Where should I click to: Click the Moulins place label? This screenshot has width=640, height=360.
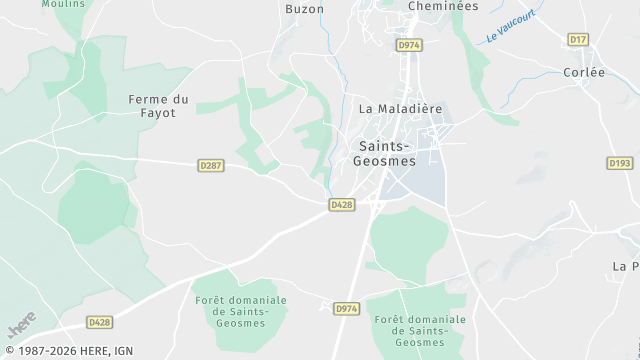click(64, 4)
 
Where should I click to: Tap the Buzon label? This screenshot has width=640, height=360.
click(304, 9)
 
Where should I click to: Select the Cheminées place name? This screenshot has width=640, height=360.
click(443, 6)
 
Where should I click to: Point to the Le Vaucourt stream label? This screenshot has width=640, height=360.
click(511, 27)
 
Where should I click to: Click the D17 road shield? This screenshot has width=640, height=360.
click(577, 39)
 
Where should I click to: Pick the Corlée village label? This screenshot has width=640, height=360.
click(584, 73)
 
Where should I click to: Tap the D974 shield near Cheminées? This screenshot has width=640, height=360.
click(407, 45)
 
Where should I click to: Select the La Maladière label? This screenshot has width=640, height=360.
click(400, 109)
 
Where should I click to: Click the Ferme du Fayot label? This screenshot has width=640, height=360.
click(159, 106)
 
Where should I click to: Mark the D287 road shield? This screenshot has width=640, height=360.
click(210, 165)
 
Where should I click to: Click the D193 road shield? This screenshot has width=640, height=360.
click(619, 162)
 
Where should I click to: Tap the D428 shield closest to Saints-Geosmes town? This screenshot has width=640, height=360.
click(341, 204)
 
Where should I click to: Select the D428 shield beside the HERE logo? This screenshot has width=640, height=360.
click(98, 322)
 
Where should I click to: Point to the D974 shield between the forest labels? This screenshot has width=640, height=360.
click(346, 309)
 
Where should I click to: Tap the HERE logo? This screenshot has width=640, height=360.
click(22, 325)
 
